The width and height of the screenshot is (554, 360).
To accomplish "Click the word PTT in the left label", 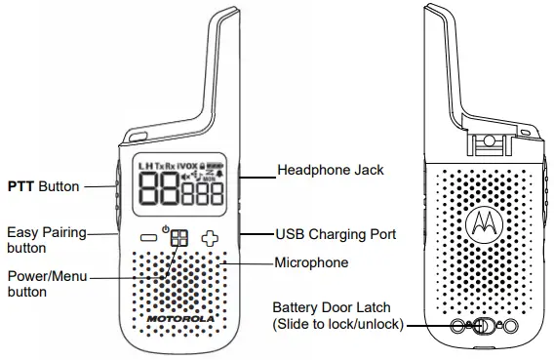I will (21, 185).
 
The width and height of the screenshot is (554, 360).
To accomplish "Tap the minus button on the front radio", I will (146, 237).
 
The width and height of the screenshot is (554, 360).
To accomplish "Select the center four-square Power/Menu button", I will (178, 238).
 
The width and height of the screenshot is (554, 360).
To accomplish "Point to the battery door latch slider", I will (481, 326).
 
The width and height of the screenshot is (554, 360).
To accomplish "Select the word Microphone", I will (311, 263).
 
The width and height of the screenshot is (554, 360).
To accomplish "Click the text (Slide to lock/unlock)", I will (337, 324).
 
